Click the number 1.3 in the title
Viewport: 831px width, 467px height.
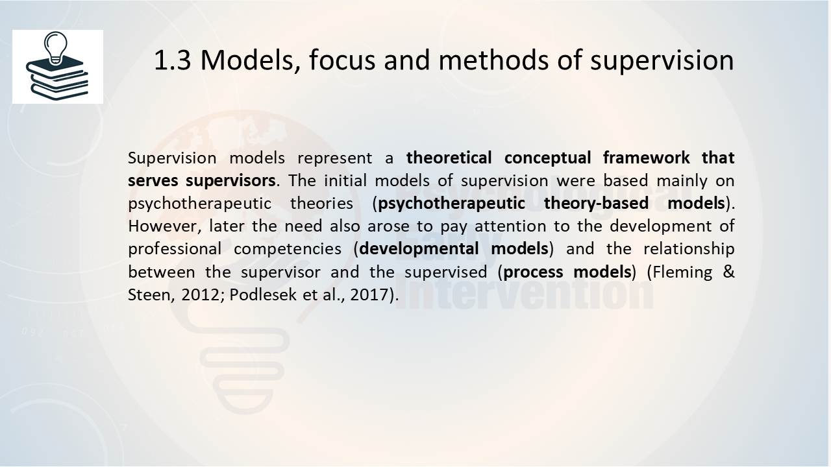[x=173, y=60]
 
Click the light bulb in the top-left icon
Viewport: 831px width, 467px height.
[x=56, y=47]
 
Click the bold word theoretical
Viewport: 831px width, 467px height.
[x=449, y=158]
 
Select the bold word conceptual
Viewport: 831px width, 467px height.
[x=547, y=158]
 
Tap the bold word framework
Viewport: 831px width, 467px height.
[x=646, y=158]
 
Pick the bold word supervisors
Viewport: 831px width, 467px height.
[x=230, y=181]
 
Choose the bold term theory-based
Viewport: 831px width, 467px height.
[x=596, y=204]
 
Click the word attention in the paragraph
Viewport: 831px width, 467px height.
[x=510, y=226]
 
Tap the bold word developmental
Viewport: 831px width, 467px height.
[x=419, y=249]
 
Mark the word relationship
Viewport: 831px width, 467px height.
[x=689, y=249]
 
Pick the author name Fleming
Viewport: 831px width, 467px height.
[x=682, y=272]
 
